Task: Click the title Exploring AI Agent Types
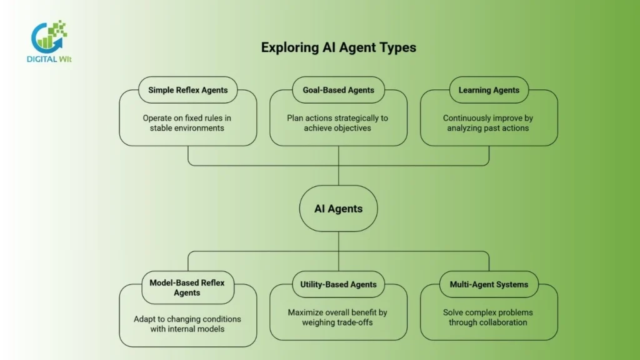(x=338, y=47)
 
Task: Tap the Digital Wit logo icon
(x=49, y=36)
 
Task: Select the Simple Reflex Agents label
(x=187, y=90)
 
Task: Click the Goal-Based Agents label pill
(x=338, y=90)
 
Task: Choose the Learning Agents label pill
(x=489, y=90)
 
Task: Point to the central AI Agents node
(x=338, y=209)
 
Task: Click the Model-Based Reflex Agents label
(x=187, y=287)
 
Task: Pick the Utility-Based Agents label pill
(x=338, y=284)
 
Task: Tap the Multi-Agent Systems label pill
(x=489, y=284)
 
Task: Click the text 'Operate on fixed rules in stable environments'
(x=187, y=123)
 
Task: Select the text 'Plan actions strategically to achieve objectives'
(x=338, y=123)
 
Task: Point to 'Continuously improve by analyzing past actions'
(x=489, y=123)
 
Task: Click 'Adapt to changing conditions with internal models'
(x=187, y=324)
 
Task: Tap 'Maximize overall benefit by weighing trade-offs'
(x=338, y=317)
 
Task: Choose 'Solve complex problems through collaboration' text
(x=489, y=317)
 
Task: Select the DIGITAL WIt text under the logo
(x=49, y=59)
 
